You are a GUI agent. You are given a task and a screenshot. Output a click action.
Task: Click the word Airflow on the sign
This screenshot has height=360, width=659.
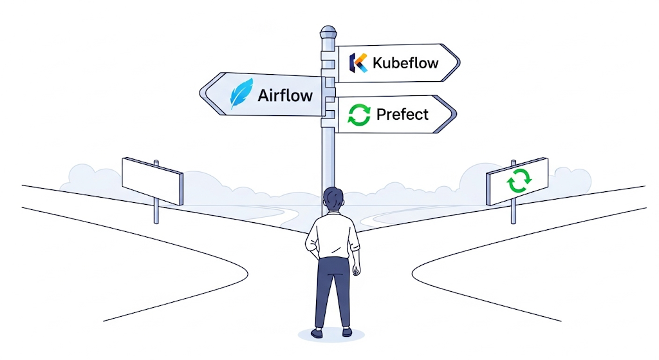click(x=285, y=96)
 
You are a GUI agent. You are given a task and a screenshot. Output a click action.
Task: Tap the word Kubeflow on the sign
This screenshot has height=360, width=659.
click(x=405, y=63)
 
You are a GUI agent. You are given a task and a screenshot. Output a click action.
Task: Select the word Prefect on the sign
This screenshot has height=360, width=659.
click(x=402, y=115)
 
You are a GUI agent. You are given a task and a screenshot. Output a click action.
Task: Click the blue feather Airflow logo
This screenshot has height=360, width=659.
click(x=241, y=94)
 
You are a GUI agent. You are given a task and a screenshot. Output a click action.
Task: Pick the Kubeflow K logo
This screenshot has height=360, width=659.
click(x=358, y=62)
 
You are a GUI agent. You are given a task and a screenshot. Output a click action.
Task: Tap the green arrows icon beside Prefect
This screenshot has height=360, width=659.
click(x=359, y=115)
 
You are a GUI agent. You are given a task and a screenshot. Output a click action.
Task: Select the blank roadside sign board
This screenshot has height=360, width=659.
click(x=153, y=180)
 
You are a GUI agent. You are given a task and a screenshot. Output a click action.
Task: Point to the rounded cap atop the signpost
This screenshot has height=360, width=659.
click(x=328, y=31)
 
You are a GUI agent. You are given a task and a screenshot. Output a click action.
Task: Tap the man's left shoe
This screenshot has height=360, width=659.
click(x=317, y=333)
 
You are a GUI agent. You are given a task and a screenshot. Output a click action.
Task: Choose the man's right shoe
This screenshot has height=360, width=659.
click(x=346, y=332)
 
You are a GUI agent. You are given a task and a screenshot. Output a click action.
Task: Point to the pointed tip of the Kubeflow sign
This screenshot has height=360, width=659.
click(x=459, y=63)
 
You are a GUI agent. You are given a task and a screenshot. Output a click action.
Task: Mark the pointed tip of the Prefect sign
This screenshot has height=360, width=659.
click(x=456, y=115)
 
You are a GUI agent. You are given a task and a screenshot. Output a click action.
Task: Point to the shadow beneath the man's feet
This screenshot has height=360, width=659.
click(x=331, y=337)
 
